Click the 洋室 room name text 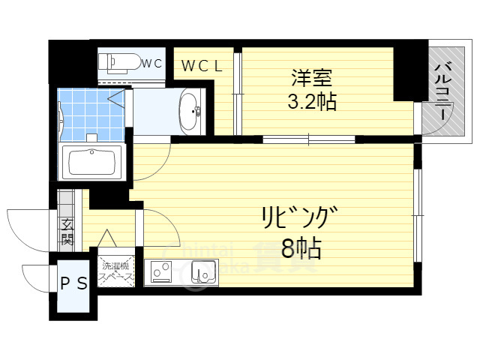click(x=312, y=78)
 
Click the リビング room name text click(x=296, y=217)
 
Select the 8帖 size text click(x=301, y=247)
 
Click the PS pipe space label click(x=73, y=283)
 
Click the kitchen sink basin click(x=201, y=273)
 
